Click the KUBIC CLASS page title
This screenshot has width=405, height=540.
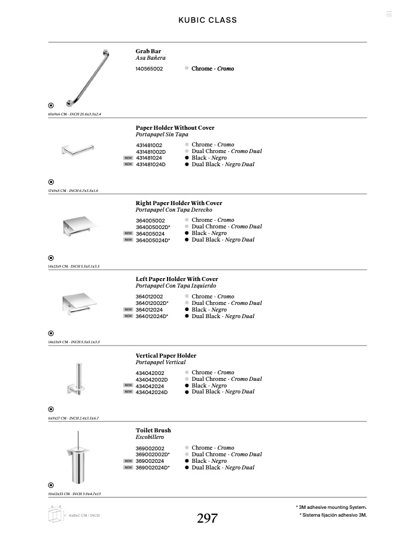coord(208,20)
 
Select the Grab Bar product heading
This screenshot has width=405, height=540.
coord(148,51)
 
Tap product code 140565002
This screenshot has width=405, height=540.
coord(149,69)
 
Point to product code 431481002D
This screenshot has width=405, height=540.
coord(151,152)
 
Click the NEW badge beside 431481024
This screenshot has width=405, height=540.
coord(128,158)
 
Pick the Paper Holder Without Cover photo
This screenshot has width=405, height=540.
coord(78,150)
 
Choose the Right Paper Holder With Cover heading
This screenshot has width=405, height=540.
coord(179,203)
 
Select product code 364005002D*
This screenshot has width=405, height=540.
coord(153,227)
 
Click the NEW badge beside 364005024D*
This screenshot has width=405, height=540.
coord(128,240)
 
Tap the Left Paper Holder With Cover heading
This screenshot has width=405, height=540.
coord(177,279)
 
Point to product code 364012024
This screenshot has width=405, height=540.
coord(149,310)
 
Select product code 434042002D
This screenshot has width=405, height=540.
coord(151,380)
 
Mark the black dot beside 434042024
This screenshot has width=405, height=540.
coord(187,386)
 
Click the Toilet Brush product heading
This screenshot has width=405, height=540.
coord(153,431)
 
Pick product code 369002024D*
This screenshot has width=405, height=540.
coord(153,468)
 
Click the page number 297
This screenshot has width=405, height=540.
coord(207,518)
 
